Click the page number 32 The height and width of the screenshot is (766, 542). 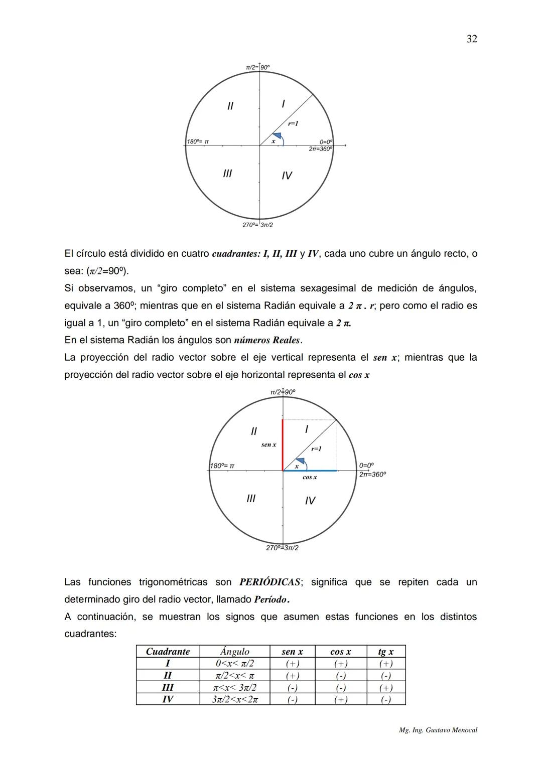(x=471, y=39)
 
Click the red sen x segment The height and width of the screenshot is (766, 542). (x=283, y=444)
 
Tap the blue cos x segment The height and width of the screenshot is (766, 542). (x=310, y=471)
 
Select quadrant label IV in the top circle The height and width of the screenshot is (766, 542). (x=287, y=176)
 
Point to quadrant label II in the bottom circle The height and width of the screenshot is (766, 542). (x=253, y=431)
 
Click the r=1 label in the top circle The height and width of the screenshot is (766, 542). (x=293, y=123)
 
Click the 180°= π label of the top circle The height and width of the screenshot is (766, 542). (x=198, y=141)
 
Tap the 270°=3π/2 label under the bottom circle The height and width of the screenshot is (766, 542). (x=282, y=548)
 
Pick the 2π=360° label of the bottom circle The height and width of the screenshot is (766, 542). (x=372, y=475)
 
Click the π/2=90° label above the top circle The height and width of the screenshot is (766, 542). (x=257, y=67)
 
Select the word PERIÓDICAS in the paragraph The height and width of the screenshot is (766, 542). (x=270, y=582)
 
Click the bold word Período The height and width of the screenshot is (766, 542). (x=271, y=599)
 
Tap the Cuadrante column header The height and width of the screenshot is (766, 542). (x=168, y=652)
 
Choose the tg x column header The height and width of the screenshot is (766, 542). (x=385, y=652)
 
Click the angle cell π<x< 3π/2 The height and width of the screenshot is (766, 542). (x=234, y=687)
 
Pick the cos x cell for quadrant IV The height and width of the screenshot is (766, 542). (x=340, y=699)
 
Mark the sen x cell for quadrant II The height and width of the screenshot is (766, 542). (x=292, y=676)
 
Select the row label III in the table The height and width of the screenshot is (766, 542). (x=168, y=687)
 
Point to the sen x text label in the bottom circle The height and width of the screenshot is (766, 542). (x=268, y=445)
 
